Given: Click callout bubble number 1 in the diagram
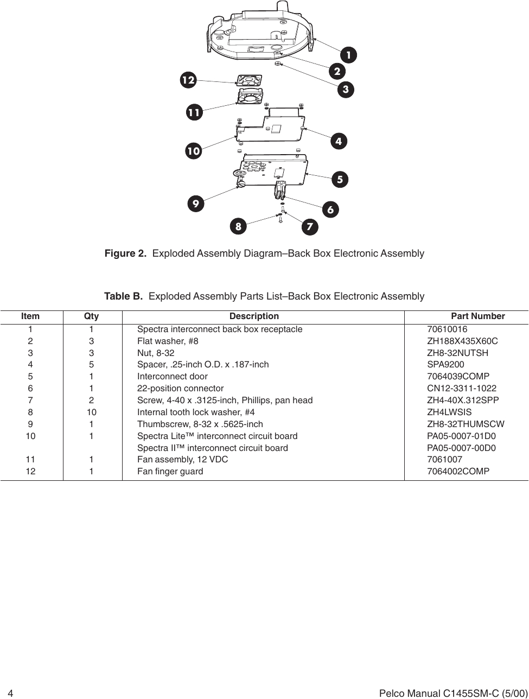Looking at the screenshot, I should click(349, 55).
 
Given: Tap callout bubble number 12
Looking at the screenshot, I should click(188, 80).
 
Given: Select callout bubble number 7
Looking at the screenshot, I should click(310, 227).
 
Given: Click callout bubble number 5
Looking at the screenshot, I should click(340, 179).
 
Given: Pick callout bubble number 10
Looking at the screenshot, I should click(193, 150).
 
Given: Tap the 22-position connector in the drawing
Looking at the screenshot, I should click(281, 190).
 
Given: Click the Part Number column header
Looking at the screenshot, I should click(477, 316).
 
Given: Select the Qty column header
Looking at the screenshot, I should click(91, 316).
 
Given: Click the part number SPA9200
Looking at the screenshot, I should click(445, 365).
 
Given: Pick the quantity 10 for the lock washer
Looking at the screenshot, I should click(91, 412).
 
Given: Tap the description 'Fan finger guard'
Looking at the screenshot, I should click(170, 472).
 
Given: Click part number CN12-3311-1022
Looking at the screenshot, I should click(461, 389).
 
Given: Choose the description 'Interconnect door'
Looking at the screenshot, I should click(172, 377).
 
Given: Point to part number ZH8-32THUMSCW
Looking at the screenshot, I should click(466, 424).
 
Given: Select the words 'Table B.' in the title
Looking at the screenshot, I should click(123, 296).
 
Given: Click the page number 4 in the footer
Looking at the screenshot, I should click(10, 694).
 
